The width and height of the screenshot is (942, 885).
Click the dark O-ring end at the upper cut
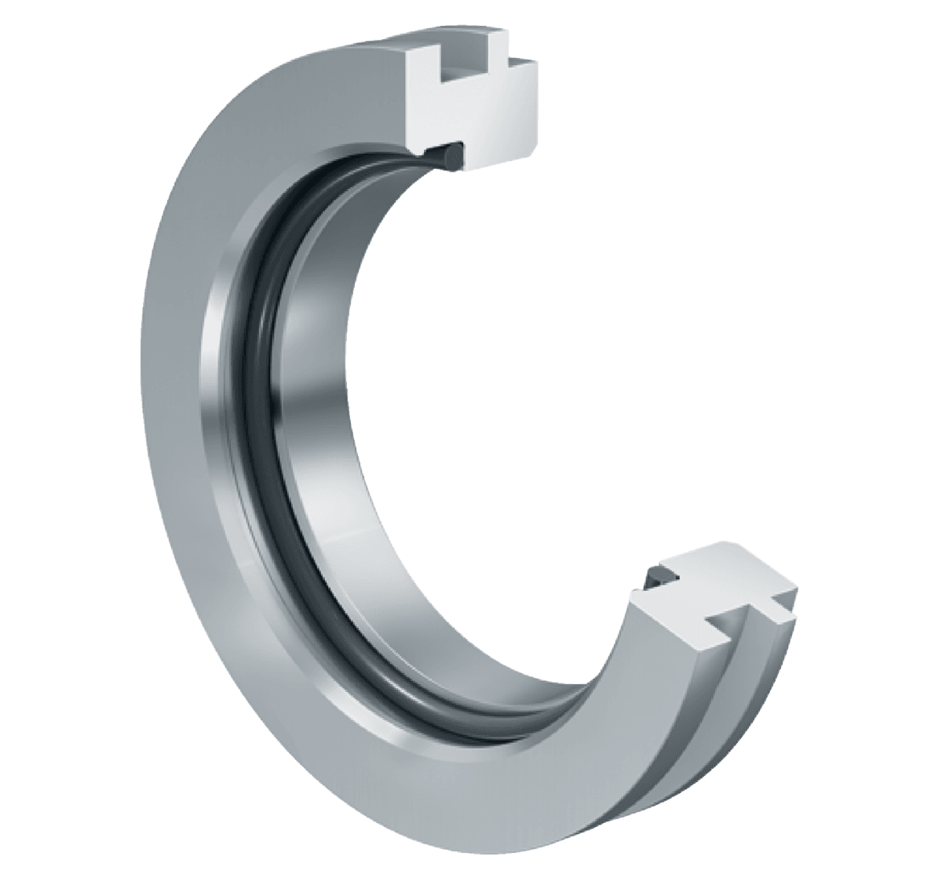[x=450, y=152]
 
